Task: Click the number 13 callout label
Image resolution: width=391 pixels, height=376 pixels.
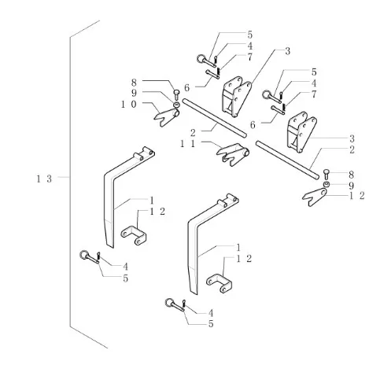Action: click(44, 179)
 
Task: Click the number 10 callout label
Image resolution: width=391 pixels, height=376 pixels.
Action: click(129, 105)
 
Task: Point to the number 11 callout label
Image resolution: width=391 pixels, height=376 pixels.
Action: click(188, 144)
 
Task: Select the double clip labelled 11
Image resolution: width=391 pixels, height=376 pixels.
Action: click(233, 154)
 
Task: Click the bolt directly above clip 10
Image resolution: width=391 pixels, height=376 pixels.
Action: click(176, 94)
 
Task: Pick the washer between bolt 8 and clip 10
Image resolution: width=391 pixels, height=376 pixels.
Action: click(176, 105)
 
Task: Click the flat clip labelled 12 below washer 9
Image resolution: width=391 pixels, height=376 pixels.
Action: click(315, 197)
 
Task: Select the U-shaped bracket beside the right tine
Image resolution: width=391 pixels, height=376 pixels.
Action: click(219, 283)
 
